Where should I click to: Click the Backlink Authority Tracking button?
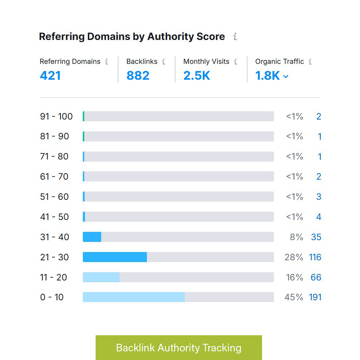tap(179, 348)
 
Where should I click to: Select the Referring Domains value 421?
tap(50, 76)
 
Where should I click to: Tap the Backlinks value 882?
tap(138, 76)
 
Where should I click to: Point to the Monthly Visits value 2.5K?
tap(197, 76)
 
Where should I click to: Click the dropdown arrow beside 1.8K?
tap(286, 76)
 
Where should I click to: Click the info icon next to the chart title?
tap(235, 37)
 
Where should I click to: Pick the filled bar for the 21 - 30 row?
tap(115, 257)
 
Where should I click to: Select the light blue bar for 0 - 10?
tap(134, 297)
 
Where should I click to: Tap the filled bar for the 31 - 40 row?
tap(92, 237)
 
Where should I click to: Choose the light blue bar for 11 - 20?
tap(101, 277)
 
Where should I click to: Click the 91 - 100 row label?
tap(56, 116)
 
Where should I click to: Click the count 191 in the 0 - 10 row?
tap(315, 297)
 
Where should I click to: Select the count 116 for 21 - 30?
tap(315, 257)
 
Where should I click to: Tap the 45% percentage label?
tap(294, 297)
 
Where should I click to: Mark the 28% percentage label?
tap(294, 257)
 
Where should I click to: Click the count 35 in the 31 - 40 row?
tap(316, 237)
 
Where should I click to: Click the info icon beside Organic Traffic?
tap(310, 62)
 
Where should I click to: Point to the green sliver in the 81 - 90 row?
tap(84, 136)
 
